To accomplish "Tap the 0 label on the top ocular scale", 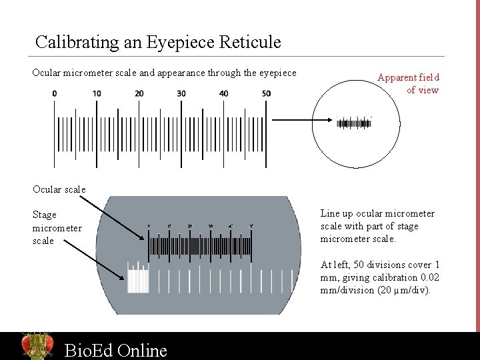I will coord(55,93).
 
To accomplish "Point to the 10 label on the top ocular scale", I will coord(97,93).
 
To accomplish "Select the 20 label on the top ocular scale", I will coord(139,93).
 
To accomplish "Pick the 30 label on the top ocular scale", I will coord(181,93).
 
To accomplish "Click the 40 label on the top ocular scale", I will coord(224,93).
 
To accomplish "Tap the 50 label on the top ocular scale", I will coord(266,93).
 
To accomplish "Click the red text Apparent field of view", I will coord(409,83).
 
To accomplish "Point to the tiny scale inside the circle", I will coord(353,123).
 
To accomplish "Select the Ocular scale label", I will coord(59,189).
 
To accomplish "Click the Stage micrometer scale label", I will coord(57,227).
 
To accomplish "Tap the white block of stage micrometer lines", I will coord(138,280).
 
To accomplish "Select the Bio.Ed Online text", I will coord(115,350).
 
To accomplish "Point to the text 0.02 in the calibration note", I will coord(428,277).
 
